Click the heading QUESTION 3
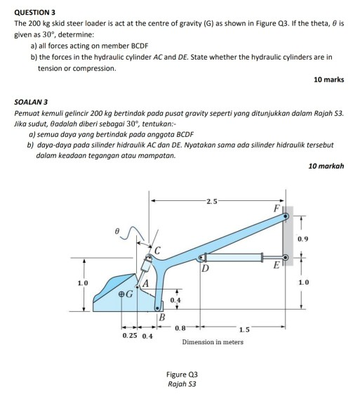35,12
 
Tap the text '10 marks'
329,79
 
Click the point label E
276,265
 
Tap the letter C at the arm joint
158,250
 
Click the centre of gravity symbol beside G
122,297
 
